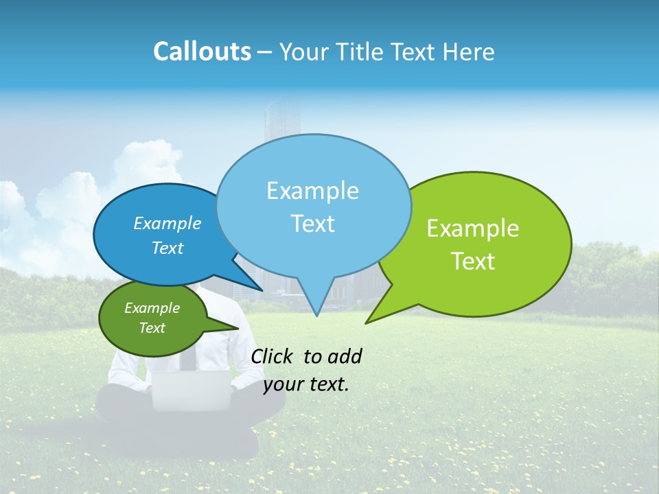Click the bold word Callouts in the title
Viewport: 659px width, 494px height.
(x=202, y=51)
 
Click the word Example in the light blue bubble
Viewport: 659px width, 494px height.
(x=312, y=191)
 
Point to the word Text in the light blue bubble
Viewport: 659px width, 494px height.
(x=312, y=224)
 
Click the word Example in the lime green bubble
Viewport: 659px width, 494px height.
(x=473, y=228)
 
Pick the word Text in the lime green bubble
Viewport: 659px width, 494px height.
(x=473, y=261)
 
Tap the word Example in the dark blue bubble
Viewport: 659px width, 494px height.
(x=167, y=224)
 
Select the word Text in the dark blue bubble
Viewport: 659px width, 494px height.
(x=167, y=248)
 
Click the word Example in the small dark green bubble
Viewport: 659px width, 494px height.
(x=152, y=308)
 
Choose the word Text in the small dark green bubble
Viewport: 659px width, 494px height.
(x=152, y=328)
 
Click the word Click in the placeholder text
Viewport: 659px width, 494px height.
(x=273, y=356)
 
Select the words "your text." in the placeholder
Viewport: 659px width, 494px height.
(x=306, y=385)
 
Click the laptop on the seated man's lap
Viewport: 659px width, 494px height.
(x=191, y=390)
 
